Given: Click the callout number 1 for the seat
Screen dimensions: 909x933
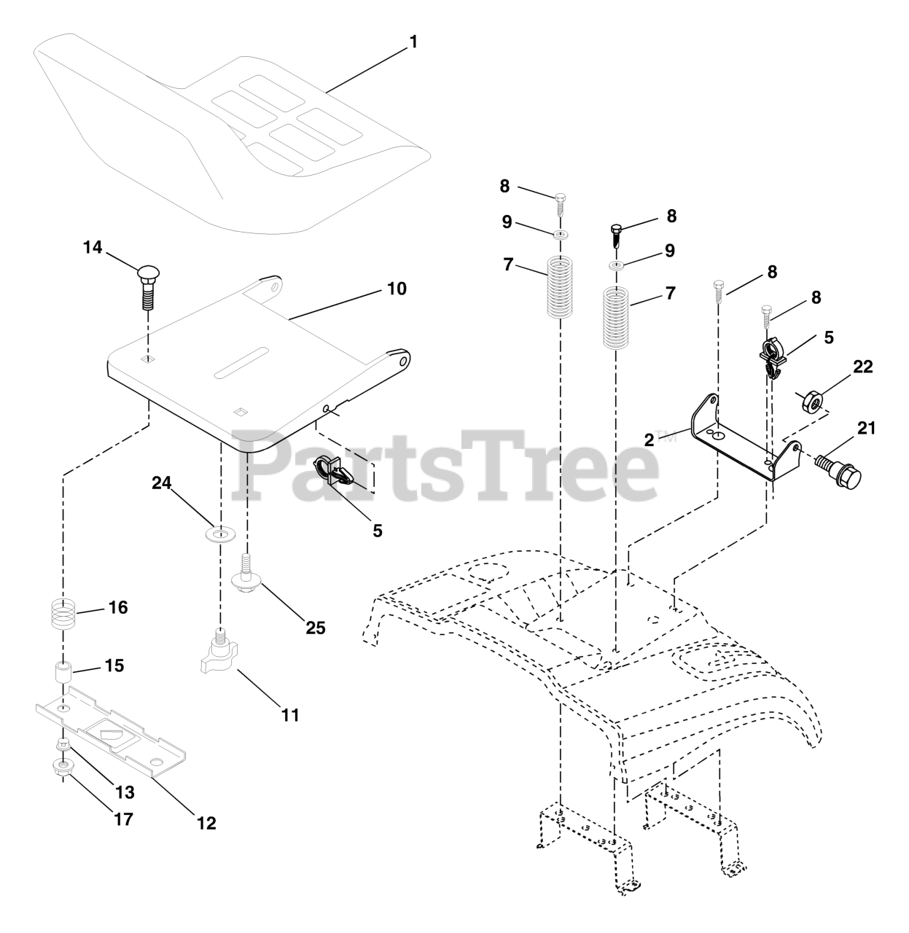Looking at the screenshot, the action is (414, 42).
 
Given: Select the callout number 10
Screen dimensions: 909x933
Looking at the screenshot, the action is (397, 289).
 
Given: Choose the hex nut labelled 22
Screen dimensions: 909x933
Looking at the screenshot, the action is (811, 402).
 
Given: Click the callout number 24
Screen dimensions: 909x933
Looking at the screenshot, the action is (162, 483).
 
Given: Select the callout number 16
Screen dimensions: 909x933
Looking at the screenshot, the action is (118, 606).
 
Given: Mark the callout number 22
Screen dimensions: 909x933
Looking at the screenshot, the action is (863, 367).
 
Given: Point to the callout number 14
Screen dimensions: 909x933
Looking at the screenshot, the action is (93, 247).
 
